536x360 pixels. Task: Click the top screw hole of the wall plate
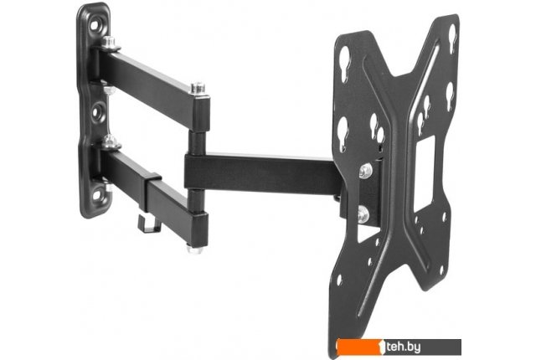click(95, 26)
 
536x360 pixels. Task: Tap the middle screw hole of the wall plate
click(97, 111)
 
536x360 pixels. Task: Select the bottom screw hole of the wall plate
click(97, 195)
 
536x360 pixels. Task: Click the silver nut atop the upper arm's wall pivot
click(109, 43)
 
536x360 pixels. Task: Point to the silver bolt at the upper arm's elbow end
click(198, 88)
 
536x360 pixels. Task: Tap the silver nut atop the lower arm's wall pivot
click(110, 141)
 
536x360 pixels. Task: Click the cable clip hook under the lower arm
click(149, 224)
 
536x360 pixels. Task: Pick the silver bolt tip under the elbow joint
click(195, 249)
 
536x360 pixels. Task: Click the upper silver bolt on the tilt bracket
click(365, 170)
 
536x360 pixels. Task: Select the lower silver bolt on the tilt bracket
click(363, 214)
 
